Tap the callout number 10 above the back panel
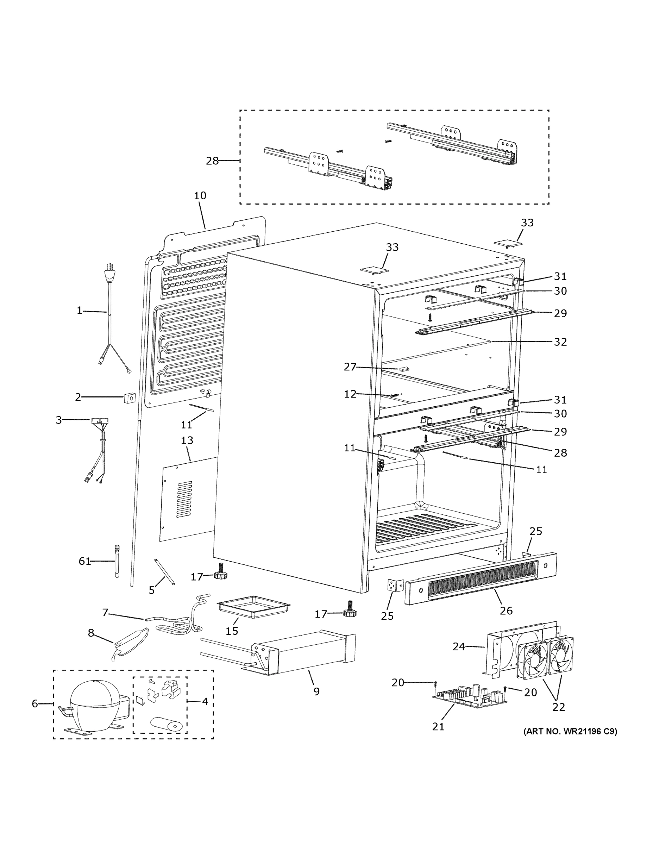pyautogui.click(x=200, y=196)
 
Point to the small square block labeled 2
pyautogui.click(x=130, y=398)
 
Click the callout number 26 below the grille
pyautogui.click(x=506, y=611)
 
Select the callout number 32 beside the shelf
pyautogui.click(x=560, y=342)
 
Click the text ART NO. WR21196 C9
pyautogui.click(x=570, y=731)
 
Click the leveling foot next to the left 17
pyautogui.click(x=220, y=575)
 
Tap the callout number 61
pyautogui.click(x=85, y=561)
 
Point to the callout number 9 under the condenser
pyautogui.click(x=316, y=691)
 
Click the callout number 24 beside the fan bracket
pyautogui.click(x=459, y=646)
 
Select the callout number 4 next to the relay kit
pyautogui.click(x=205, y=701)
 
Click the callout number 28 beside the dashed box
pyautogui.click(x=212, y=161)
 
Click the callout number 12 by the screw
pyautogui.click(x=350, y=394)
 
